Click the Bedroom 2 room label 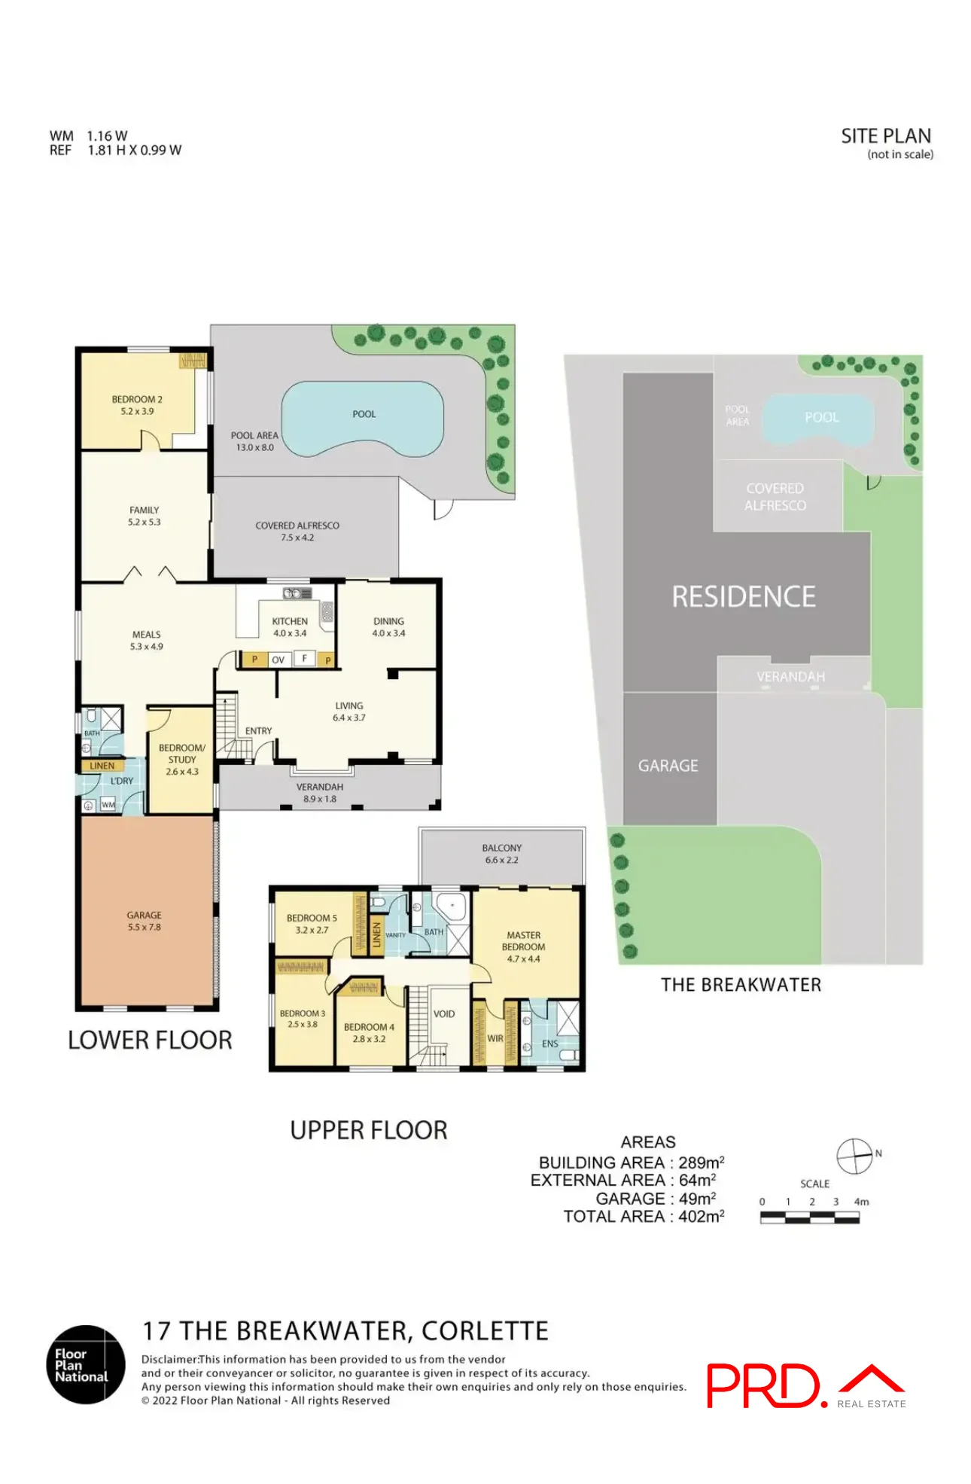(137, 405)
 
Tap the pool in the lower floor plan (362, 419)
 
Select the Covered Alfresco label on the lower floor (297, 531)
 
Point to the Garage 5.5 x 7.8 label (144, 921)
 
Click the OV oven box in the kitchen (279, 660)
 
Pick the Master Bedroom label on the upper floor (523, 946)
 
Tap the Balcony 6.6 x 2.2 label (501, 853)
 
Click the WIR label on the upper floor (495, 1038)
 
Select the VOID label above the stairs (444, 1013)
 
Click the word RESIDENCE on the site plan (743, 597)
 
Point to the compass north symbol (855, 1156)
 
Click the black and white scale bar (809, 1217)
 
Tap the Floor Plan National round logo (86, 1364)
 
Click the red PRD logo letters (763, 1385)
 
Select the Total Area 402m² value (701, 1216)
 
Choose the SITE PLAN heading (886, 136)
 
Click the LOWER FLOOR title (150, 1040)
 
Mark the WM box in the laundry (108, 805)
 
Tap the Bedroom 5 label (312, 924)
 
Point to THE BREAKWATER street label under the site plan (741, 985)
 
